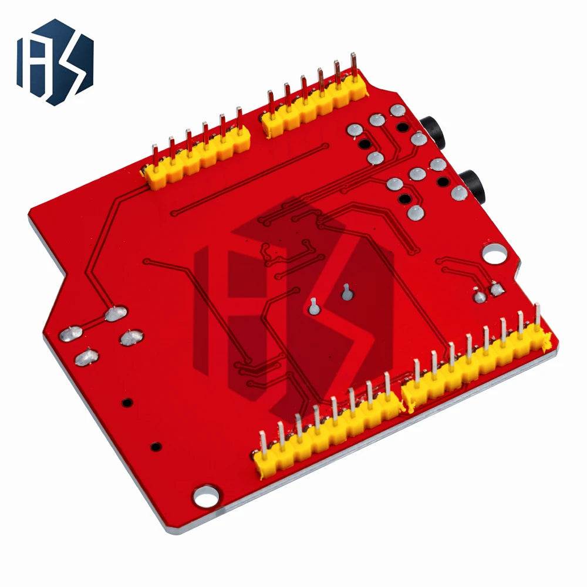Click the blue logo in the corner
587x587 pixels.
pyautogui.click(x=55, y=62)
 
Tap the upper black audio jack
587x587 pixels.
pyautogui.click(x=434, y=132)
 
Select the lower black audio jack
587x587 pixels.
pyautogui.click(x=473, y=185)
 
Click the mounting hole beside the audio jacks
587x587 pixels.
pyautogui.click(x=494, y=254)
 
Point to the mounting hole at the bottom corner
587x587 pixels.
pyautogui.click(x=206, y=495)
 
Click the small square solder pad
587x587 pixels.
pyautogui.click(x=497, y=289)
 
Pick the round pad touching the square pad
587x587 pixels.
pyautogui.click(x=480, y=296)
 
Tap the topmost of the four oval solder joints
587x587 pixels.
pyautogui.click(x=116, y=313)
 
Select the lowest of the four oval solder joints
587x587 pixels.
pyautogui.click(x=87, y=357)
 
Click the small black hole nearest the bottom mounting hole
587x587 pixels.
pyautogui.click(x=156, y=447)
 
